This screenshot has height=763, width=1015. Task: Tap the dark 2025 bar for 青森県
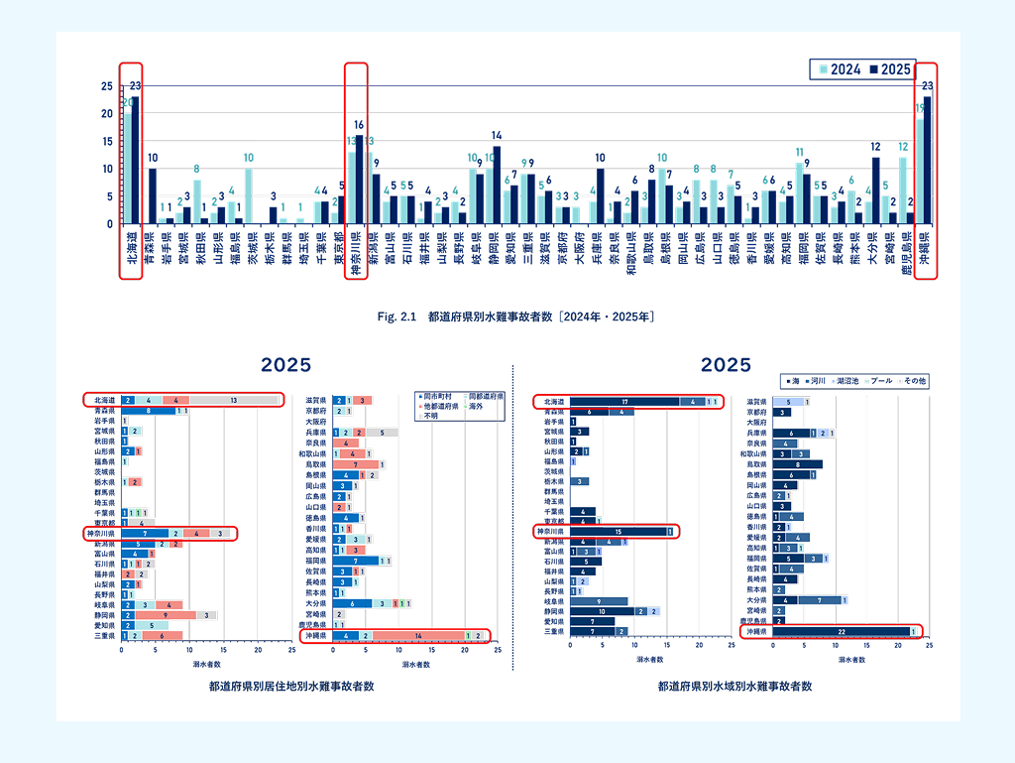[153, 196]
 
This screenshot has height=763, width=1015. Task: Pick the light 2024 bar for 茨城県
[249, 196]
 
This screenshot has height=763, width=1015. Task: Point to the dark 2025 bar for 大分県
[875, 191]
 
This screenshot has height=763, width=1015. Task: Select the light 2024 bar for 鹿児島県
[903, 191]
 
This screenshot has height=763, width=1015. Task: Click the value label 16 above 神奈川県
[359, 125]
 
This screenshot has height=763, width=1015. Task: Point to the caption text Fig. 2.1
[400, 317]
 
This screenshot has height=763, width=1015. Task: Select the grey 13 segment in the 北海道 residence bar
[234, 400]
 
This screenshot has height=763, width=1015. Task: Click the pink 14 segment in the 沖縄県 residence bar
[418, 635]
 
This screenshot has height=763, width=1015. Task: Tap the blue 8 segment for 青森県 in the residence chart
[149, 410]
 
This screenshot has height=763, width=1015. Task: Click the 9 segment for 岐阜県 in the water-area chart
[600, 601]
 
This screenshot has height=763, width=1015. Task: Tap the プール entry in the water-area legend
[879, 381]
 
